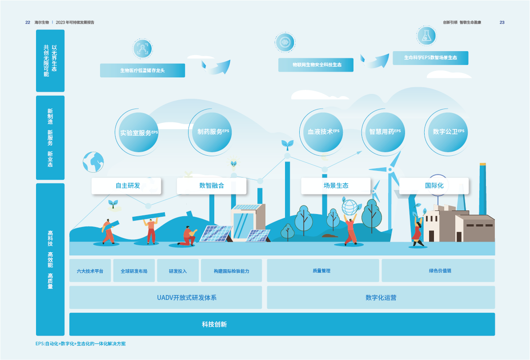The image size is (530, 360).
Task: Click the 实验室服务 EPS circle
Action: pos(138,132)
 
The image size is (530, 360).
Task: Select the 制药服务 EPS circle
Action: pos(212,132)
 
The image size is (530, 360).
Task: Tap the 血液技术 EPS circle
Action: pos(323,132)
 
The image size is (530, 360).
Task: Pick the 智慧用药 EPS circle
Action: pos(385,132)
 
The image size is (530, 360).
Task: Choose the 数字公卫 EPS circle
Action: pos(448,132)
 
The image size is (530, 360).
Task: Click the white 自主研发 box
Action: pos(126,186)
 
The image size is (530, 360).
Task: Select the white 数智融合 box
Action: pos(212,186)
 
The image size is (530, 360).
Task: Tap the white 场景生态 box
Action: pos(336,186)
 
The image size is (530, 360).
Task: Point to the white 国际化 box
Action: pos(434,186)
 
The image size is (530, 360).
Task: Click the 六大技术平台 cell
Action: pos(90,271)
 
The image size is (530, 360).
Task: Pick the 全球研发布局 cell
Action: pos(134,271)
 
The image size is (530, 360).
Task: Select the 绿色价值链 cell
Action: pos(438,271)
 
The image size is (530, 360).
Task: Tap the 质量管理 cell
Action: pos(323,271)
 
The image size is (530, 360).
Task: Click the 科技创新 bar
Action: pos(282,324)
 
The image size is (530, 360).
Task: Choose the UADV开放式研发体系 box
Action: pos(165,297)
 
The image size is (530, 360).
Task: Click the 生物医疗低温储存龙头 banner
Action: pos(142,70)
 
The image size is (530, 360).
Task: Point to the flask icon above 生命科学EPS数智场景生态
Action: pos(426,36)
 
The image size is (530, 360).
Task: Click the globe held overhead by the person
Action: pos(349,207)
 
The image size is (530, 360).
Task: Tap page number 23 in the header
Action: pos(502,22)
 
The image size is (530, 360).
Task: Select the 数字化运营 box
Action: pos(381,297)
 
